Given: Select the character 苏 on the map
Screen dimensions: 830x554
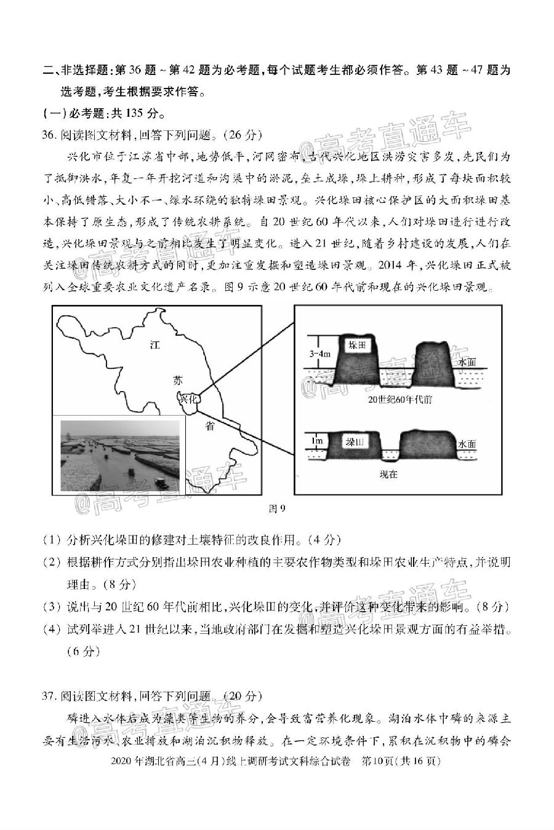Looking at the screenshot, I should coord(177,381).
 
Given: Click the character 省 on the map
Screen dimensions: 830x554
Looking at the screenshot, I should coord(211,425).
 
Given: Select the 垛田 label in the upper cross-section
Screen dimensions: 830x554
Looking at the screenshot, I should coord(356,346).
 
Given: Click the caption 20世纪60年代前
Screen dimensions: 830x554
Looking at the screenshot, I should coord(400,400).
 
